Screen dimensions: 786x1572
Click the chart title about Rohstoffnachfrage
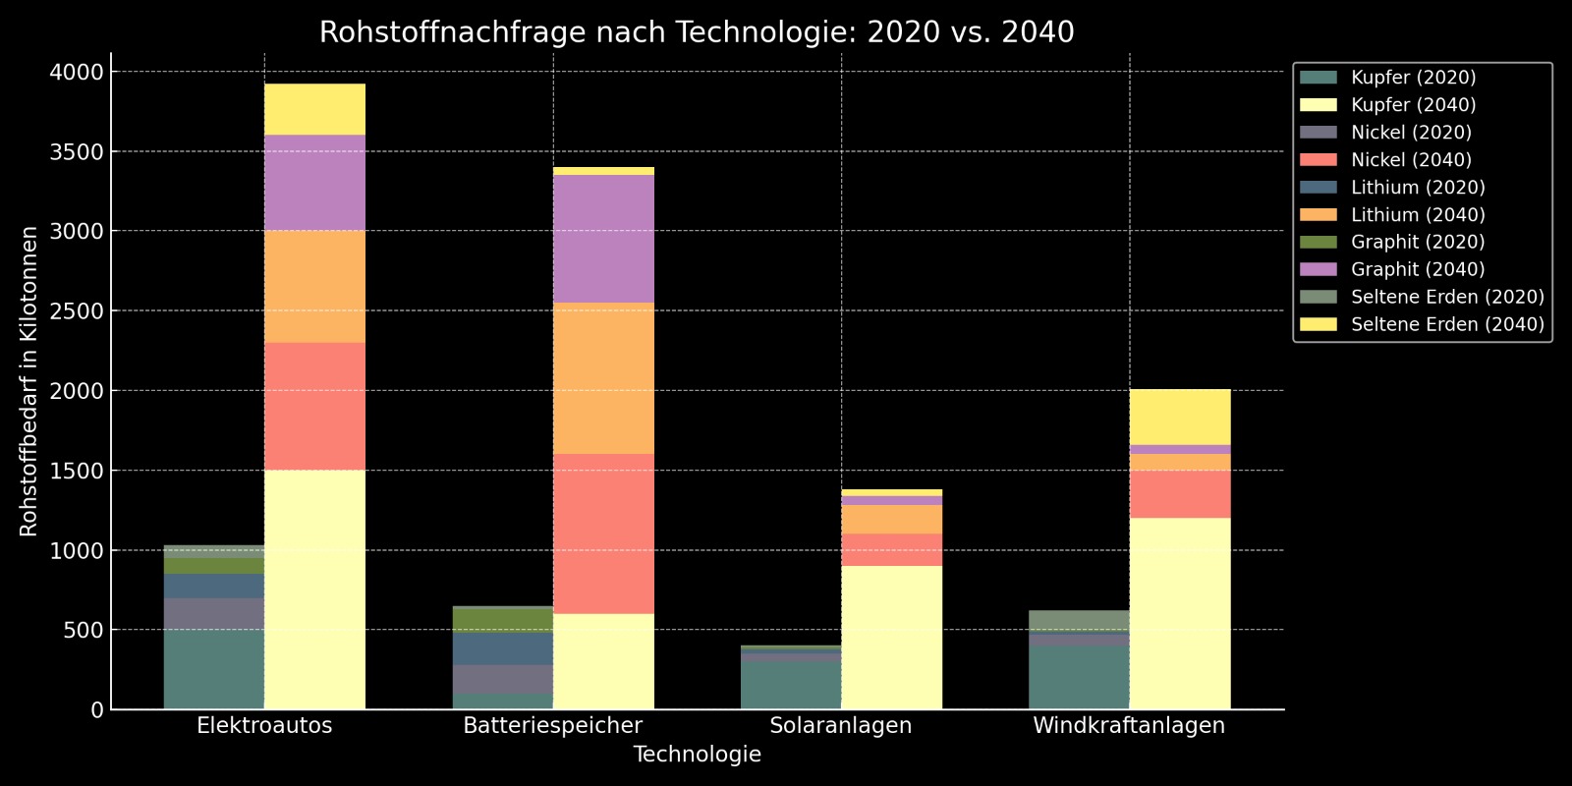(697, 32)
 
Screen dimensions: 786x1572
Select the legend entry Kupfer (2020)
(1413, 78)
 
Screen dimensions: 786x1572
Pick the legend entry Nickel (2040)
(1411, 160)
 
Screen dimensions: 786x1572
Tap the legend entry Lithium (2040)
(1417, 215)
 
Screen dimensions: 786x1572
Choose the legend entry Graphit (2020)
(1417, 243)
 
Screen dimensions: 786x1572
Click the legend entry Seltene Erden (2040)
(1446, 325)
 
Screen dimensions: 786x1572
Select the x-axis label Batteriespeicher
(552, 726)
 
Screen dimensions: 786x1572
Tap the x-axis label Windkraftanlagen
(1129, 726)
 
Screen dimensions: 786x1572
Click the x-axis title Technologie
(697, 755)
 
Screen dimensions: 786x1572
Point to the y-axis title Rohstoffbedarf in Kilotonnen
(29, 381)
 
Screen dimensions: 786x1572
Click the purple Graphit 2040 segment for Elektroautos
(314, 183)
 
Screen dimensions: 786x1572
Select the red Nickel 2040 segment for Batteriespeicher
(603, 533)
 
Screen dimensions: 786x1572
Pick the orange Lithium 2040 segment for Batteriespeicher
(603, 378)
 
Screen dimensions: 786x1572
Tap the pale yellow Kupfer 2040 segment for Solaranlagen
(891, 637)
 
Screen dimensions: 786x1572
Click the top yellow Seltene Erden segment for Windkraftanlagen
(1180, 418)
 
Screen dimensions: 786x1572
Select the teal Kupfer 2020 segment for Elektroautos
(214, 669)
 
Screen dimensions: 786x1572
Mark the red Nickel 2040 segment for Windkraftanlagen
(1180, 494)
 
